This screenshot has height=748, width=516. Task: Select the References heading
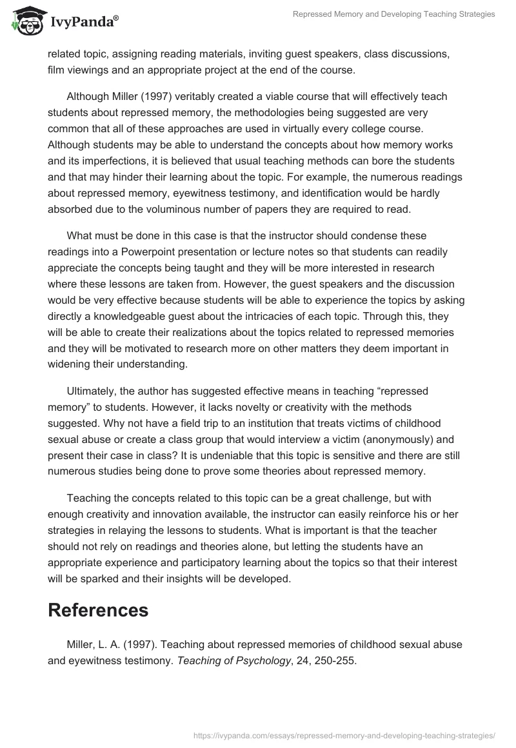click(98, 609)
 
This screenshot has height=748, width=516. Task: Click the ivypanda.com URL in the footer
click(345, 735)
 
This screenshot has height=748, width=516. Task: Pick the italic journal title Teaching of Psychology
click(245, 660)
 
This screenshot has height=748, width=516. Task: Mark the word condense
click(361, 236)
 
